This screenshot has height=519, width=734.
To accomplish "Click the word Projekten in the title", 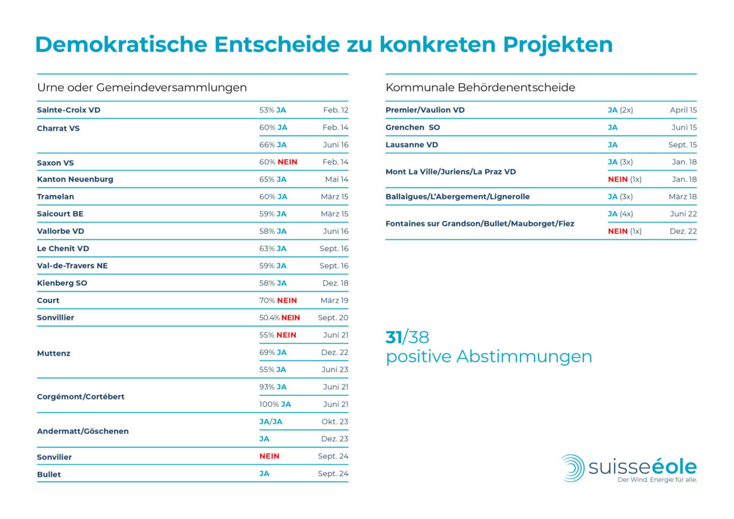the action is point(558,45).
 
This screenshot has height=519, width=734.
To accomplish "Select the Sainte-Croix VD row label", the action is point(69,110).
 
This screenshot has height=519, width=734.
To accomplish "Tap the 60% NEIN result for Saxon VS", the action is point(278,162).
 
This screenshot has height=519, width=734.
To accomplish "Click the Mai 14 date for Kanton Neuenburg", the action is point(336,179).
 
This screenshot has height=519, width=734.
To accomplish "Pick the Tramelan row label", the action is point(56,196).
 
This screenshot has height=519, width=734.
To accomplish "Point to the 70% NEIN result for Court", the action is point(278,301).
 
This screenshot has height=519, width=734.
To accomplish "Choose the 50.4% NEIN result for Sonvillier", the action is point(280,318).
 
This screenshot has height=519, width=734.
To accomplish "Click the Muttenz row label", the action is point(53,353).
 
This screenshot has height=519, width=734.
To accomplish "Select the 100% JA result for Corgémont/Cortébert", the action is point(275,405).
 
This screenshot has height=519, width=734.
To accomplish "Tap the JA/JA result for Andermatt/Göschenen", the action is point(270,422).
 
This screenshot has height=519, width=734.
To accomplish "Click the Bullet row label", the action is point(49,474).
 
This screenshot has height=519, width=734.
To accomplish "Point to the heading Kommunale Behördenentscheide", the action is point(480,88).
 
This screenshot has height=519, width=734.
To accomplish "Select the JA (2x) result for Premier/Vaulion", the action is point(620,110).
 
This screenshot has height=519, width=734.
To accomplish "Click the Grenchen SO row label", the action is point(412,127).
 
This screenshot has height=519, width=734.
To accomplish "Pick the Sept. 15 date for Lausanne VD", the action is point(683,145).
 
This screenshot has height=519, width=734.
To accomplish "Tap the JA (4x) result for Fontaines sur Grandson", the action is point(620,214).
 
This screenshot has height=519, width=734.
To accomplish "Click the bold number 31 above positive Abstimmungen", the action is point(393,337).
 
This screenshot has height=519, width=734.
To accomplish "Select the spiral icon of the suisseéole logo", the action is point(573,468).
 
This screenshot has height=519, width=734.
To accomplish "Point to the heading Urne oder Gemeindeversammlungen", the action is point(142,88).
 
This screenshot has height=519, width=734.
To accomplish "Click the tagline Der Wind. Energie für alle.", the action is point(658,480).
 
